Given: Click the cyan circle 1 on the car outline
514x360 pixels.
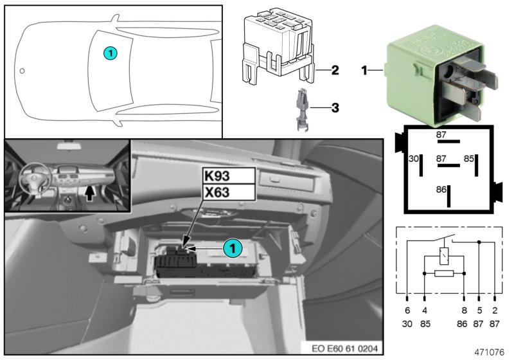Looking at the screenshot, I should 111,54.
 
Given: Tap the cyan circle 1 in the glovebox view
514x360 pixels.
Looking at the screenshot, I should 232,248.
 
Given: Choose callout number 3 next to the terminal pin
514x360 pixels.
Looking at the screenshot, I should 335,109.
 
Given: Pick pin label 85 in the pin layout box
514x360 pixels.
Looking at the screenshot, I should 469,157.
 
